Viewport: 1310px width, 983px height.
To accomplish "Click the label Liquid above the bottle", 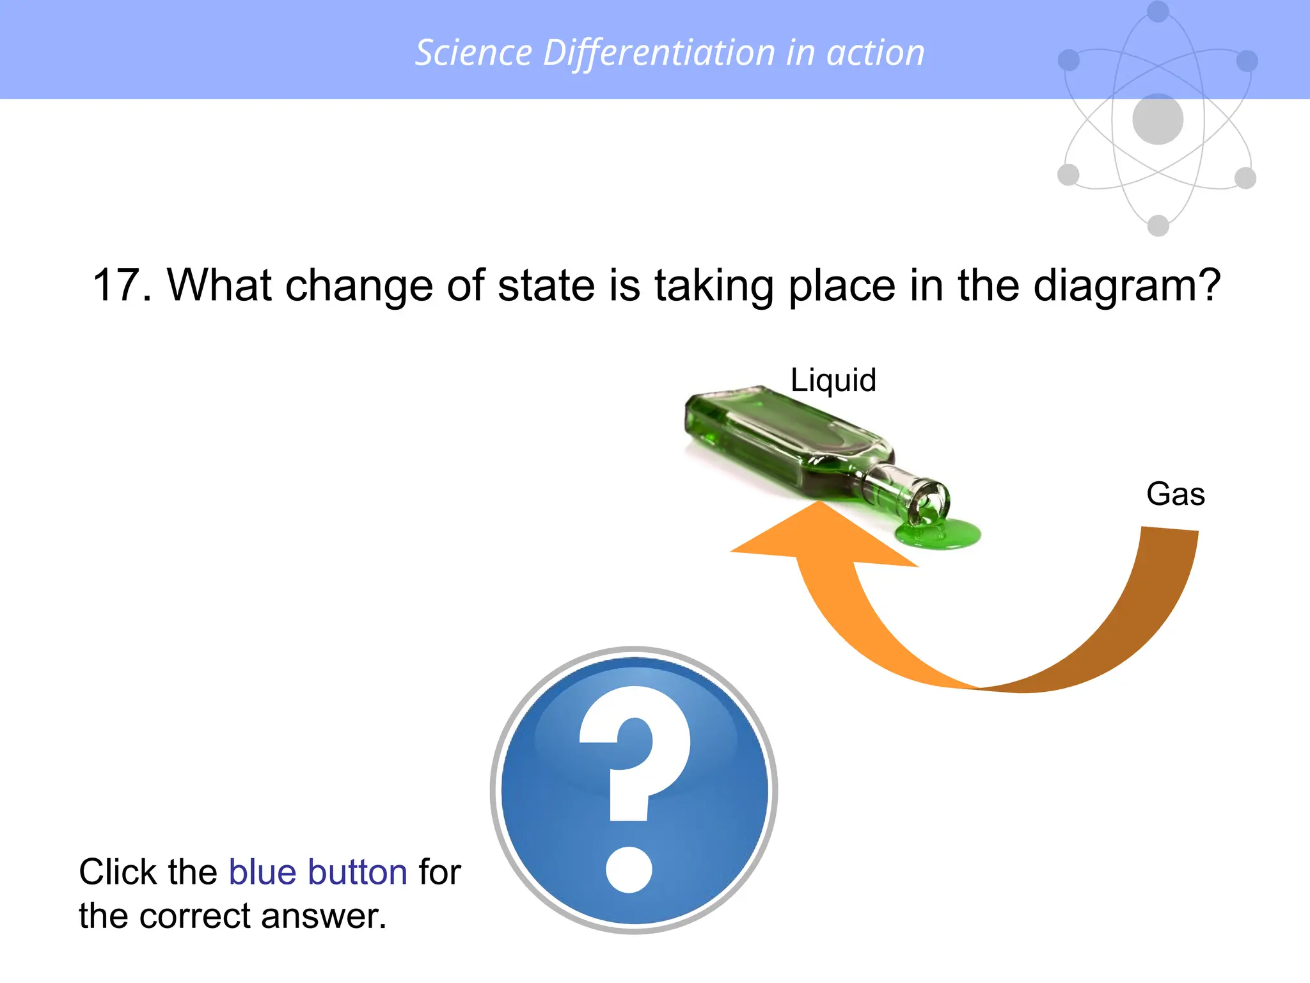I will [833, 380].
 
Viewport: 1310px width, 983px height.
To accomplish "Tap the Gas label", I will [1175, 494].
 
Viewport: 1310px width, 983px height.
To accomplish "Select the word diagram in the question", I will [1119, 286].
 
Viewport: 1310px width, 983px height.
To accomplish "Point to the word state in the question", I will [547, 285].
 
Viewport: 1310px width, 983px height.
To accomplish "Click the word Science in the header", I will [473, 52].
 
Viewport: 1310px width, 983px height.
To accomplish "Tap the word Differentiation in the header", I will [659, 52].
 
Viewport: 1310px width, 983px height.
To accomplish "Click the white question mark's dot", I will [629, 869].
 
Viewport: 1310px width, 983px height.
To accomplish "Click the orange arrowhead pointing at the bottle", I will [822, 534].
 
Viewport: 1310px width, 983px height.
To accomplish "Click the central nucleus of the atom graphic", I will [1157, 119].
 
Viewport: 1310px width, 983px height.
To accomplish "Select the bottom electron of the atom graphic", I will [1158, 225].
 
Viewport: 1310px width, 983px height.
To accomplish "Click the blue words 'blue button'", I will [318, 872].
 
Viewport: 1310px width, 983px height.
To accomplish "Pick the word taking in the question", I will [713, 286].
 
